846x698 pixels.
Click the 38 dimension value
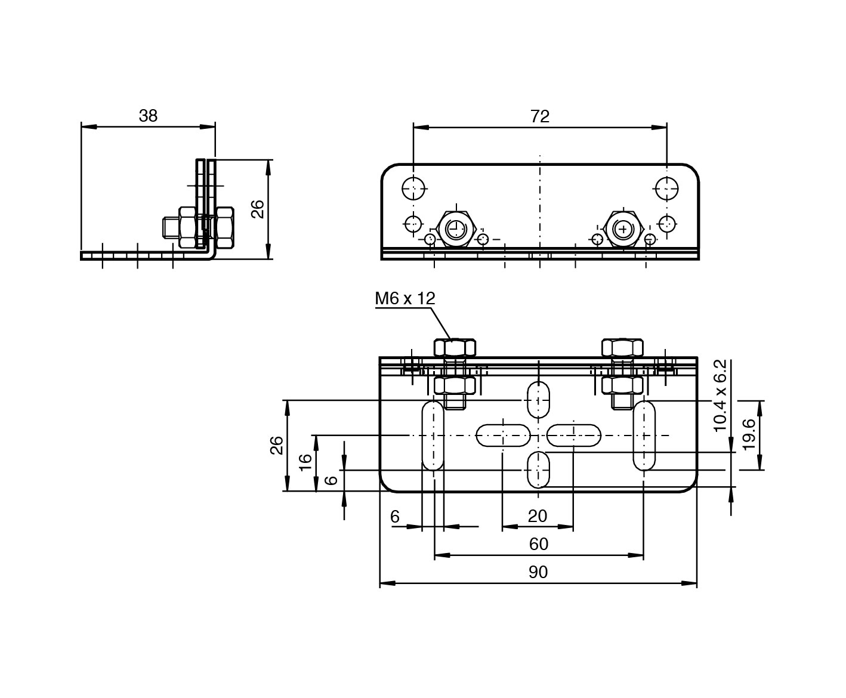(x=148, y=115)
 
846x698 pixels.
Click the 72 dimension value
(x=539, y=116)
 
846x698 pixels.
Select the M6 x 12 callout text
(x=405, y=298)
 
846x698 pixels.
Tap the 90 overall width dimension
(x=538, y=572)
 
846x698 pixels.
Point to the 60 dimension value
(x=538, y=544)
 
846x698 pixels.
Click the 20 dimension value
(x=538, y=516)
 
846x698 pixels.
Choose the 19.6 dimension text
(x=749, y=435)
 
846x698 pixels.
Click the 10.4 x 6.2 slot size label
(x=721, y=395)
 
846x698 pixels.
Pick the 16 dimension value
(x=304, y=462)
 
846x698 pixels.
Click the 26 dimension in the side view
(x=257, y=209)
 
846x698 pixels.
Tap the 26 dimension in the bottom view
(x=277, y=445)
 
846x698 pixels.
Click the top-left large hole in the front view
(x=413, y=189)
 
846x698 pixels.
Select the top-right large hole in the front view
(x=666, y=189)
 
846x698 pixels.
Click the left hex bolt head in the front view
(x=455, y=228)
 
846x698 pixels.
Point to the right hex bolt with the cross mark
(x=623, y=228)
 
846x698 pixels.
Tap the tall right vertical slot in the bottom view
(x=644, y=436)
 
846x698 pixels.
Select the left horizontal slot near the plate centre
(x=503, y=436)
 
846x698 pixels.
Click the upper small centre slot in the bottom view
(x=538, y=400)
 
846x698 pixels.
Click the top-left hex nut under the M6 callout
(x=455, y=347)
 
